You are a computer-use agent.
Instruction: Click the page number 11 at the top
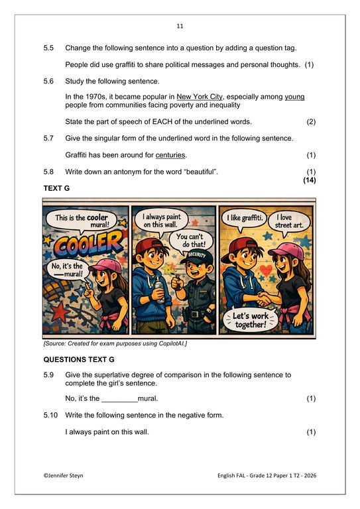[x=180, y=27]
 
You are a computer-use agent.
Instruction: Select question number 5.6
[x=48, y=81]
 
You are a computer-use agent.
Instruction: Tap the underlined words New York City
[x=200, y=97]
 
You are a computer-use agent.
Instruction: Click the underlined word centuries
[x=170, y=155]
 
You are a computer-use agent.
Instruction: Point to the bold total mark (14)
[x=310, y=180]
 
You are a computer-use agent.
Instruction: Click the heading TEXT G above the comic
[x=56, y=188]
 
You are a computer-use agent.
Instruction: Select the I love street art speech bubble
[x=289, y=221]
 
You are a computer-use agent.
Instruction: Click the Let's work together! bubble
[x=251, y=319]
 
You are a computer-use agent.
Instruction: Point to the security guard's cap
[x=197, y=256]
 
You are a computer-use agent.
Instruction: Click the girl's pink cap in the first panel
[x=107, y=265]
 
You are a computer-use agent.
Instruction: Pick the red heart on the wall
[x=267, y=270]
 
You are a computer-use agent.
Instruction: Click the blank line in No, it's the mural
[x=120, y=401]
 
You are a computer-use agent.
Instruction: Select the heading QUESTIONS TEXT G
[x=79, y=360]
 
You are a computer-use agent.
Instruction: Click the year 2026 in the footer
[x=310, y=476]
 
